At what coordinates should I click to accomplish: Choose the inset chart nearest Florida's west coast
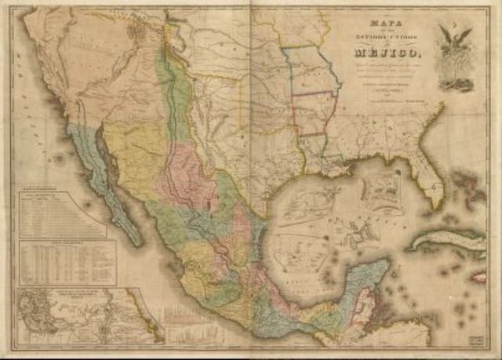point(383,188)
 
